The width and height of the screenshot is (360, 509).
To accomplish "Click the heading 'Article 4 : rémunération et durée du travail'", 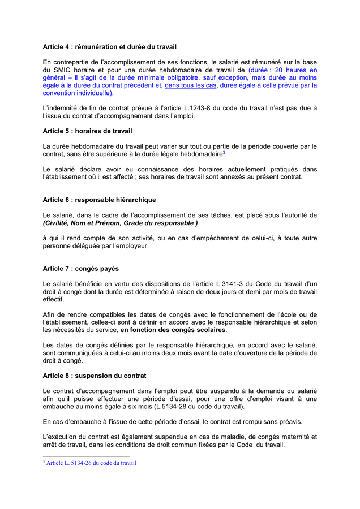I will tap(105, 46).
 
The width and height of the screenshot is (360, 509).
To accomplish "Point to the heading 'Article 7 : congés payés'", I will tap(81, 268).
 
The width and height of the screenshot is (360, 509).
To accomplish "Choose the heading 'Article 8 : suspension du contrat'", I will tap(95, 376).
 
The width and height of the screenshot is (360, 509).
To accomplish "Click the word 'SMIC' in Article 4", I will tap(62, 70).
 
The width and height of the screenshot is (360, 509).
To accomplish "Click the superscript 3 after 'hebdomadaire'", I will tap(224, 152).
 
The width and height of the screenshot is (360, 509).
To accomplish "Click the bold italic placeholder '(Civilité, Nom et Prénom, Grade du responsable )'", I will tap(120, 223).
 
